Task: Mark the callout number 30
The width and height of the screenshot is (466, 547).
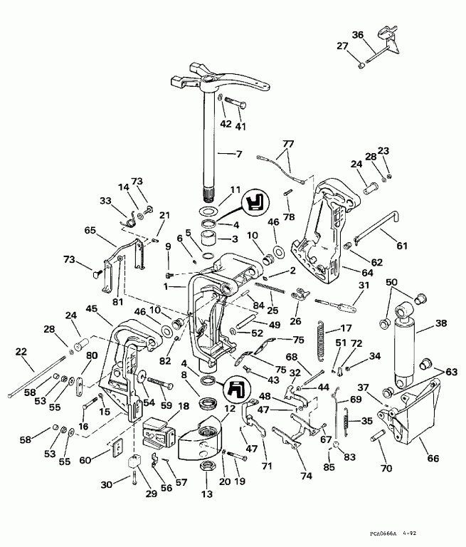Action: click(x=107, y=485)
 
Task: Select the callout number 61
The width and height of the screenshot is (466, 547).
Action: click(x=402, y=246)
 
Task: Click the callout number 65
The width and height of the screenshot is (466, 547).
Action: click(x=90, y=231)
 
